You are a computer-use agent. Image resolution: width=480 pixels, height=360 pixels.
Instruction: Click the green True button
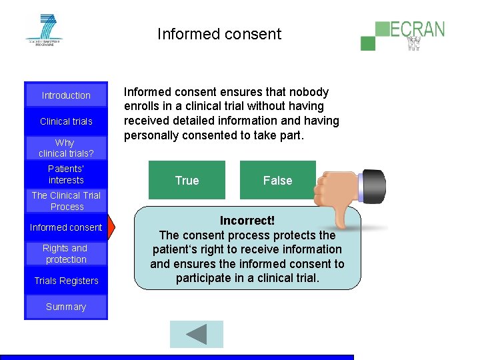pos(187,180)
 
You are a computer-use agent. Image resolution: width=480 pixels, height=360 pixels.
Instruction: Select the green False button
pos(277,180)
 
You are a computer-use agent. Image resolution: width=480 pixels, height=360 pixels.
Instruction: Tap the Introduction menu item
pos(66,95)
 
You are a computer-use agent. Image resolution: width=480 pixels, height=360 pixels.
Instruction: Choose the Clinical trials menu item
pos(66,121)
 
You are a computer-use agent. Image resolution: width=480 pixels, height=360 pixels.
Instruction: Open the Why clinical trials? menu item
pos(66,148)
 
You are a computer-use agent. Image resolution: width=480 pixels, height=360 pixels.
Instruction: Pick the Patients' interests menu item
pos(66,175)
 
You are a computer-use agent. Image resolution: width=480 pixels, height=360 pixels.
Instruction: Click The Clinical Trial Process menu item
pos(66,201)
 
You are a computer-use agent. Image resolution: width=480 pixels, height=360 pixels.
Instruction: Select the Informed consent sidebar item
pos(66,227)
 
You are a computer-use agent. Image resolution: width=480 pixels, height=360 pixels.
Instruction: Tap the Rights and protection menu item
pos(66,254)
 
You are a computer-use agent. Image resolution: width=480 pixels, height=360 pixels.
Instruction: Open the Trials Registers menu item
pos(66,281)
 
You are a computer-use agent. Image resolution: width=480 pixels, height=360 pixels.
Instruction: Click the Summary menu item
pos(66,307)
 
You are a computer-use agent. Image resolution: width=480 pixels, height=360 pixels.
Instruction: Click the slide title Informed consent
pos(219,34)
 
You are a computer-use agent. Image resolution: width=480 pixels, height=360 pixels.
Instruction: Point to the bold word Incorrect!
pos(247,221)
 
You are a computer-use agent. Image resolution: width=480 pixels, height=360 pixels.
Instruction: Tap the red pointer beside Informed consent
pos(112,227)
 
